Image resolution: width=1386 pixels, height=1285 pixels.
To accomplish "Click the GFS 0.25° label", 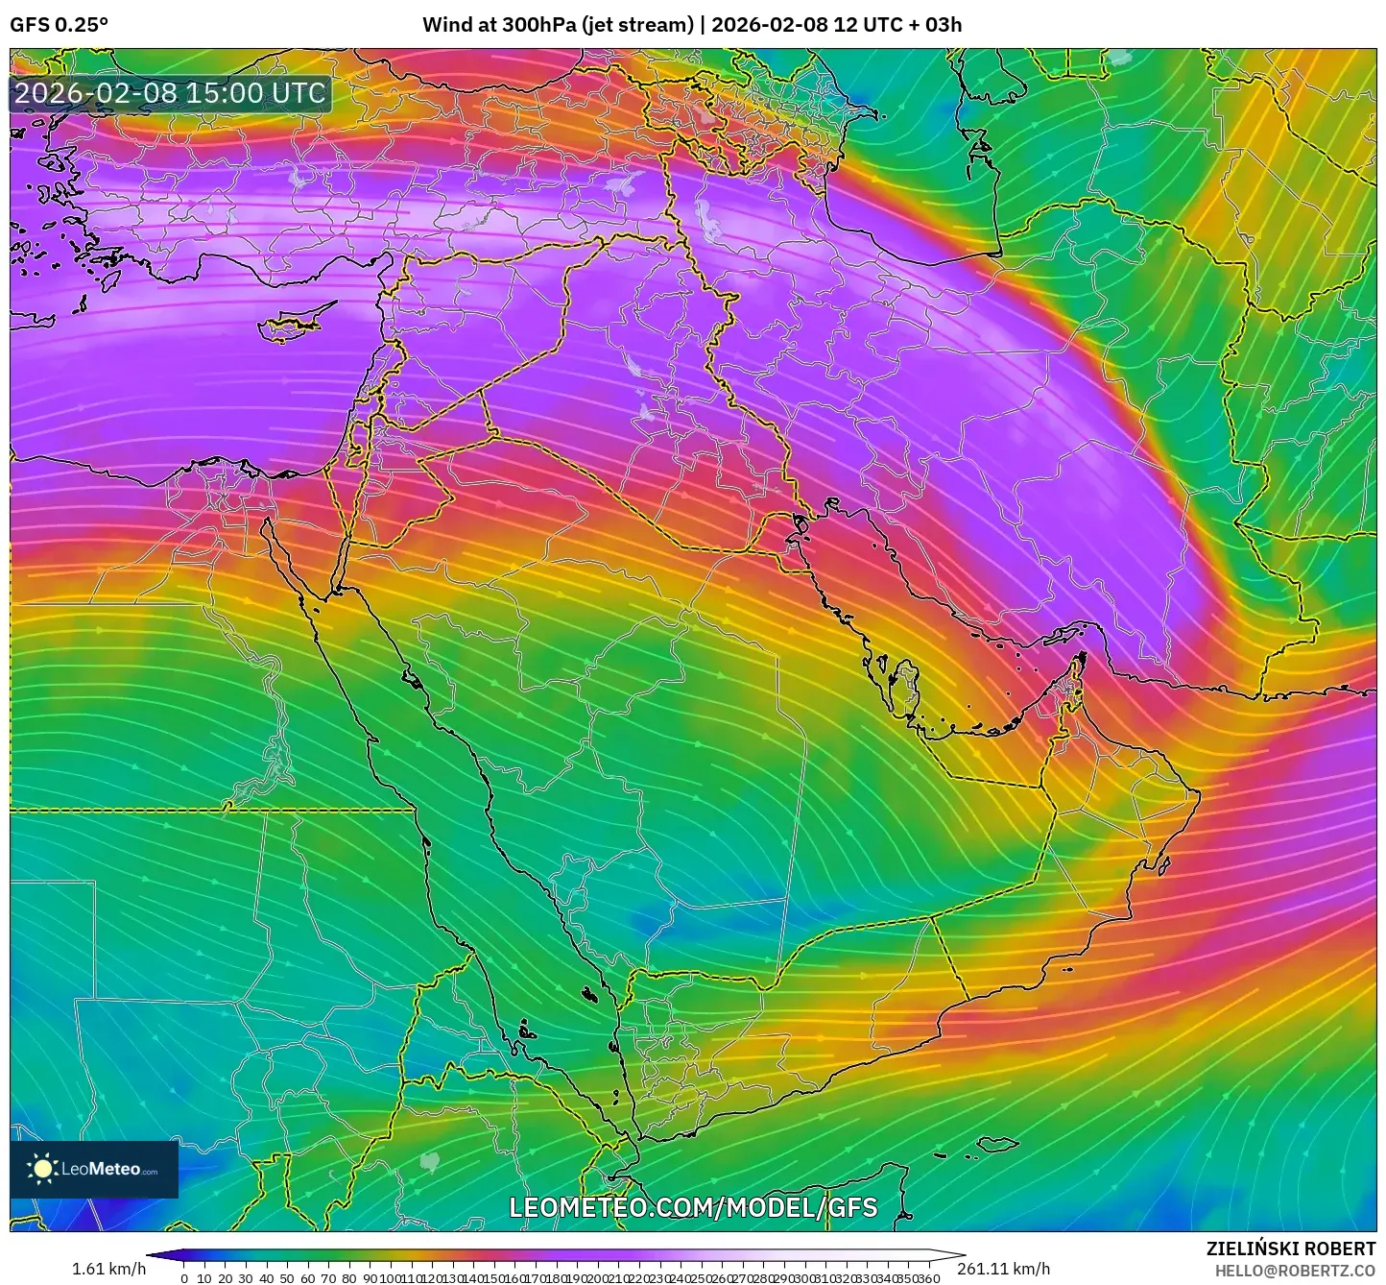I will click(x=59, y=25).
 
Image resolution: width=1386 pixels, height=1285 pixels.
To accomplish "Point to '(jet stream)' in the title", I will click(x=636, y=25).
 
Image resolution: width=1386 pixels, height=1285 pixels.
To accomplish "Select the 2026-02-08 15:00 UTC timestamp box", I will click(x=171, y=93).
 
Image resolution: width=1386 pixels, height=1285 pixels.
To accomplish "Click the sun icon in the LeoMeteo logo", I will click(x=42, y=1169).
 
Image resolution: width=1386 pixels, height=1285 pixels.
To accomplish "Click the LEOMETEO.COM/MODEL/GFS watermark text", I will click(x=693, y=1207).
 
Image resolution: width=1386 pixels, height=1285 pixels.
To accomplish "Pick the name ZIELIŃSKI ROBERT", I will click(x=1291, y=1249).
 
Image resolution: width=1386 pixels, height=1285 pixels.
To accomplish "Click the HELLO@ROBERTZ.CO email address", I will click(x=1295, y=1271).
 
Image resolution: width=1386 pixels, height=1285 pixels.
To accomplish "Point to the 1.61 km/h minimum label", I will click(x=109, y=1269).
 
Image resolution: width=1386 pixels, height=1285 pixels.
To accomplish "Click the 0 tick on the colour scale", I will click(x=184, y=1278).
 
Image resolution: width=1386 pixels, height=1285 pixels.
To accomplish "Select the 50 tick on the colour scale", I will click(x=287, y=1278).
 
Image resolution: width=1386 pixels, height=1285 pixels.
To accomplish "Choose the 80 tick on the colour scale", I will click(x=349, y=1278).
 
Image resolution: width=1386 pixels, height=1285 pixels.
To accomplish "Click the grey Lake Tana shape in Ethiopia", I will click(x=430, y=1162).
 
